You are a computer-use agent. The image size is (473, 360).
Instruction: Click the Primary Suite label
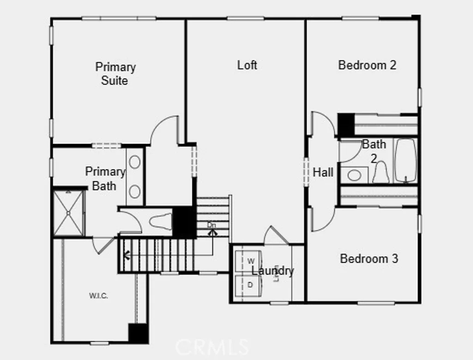pyautogui.click(x=115, y=74)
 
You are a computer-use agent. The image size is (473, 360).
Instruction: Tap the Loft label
pyautogui.click(x=247, y=65)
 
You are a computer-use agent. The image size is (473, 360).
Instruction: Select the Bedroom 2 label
pyautogui.click(x=367, y=65)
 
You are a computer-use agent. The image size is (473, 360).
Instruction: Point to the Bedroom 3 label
pyautogui.click(x=369, y=258)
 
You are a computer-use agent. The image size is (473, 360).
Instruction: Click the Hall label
pyautogui.click(x=323, y=173)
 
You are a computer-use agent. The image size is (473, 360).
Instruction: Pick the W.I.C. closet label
pyautogui.click(x=98, y=296)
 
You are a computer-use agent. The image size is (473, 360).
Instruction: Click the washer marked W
pyautogui.click(x=249, y=261)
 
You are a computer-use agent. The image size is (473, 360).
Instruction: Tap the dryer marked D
pyautogui.click(x=249, y=285)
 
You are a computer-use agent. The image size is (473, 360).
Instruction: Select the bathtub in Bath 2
pyautogui.click(x=406, y=161)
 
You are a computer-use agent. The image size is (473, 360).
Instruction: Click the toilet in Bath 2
pyautogui.click(x=381, y=173)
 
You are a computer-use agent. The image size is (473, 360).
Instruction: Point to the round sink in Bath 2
pyautogui.click(x=354, y=175)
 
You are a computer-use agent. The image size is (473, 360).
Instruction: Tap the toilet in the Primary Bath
pyautogui.click(x=159, y=221)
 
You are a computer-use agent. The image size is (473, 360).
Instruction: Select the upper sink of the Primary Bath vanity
pyautogui.click(x=135, y=162)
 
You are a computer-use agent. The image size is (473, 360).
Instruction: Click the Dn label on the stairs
pyautogui.click(x=212, y=225)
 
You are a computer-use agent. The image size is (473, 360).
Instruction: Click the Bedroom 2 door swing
pyautogui.click(x=322, y=124)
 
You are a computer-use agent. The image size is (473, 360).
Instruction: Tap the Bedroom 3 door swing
pyautogui.click(x=322, y=220)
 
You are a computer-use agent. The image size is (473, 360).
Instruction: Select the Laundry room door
pyautogui.click(x=276, y=236)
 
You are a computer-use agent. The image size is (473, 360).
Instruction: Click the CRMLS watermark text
pyautogui.click(x=212, y=346)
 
